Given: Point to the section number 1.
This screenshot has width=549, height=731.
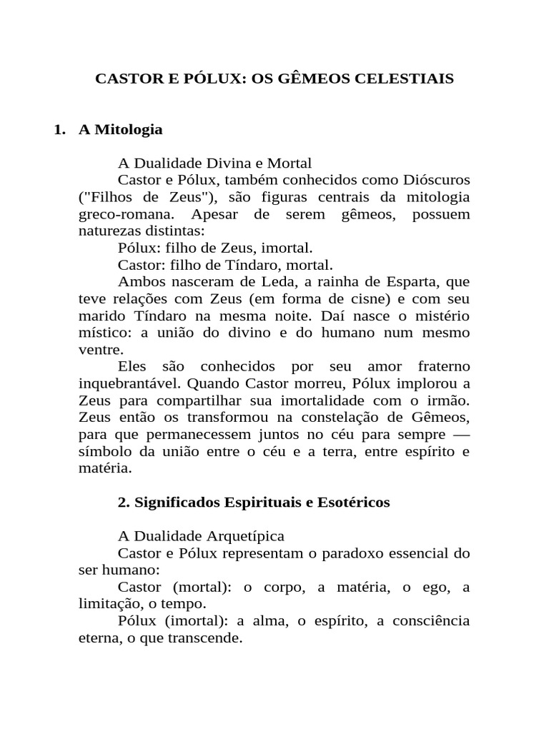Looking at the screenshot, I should [59, 130].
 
